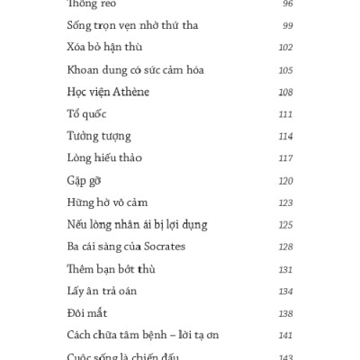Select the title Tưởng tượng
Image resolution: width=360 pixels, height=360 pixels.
[x=98, y=137]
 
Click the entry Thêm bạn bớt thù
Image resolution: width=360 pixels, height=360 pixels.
[x=107, y=269]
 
